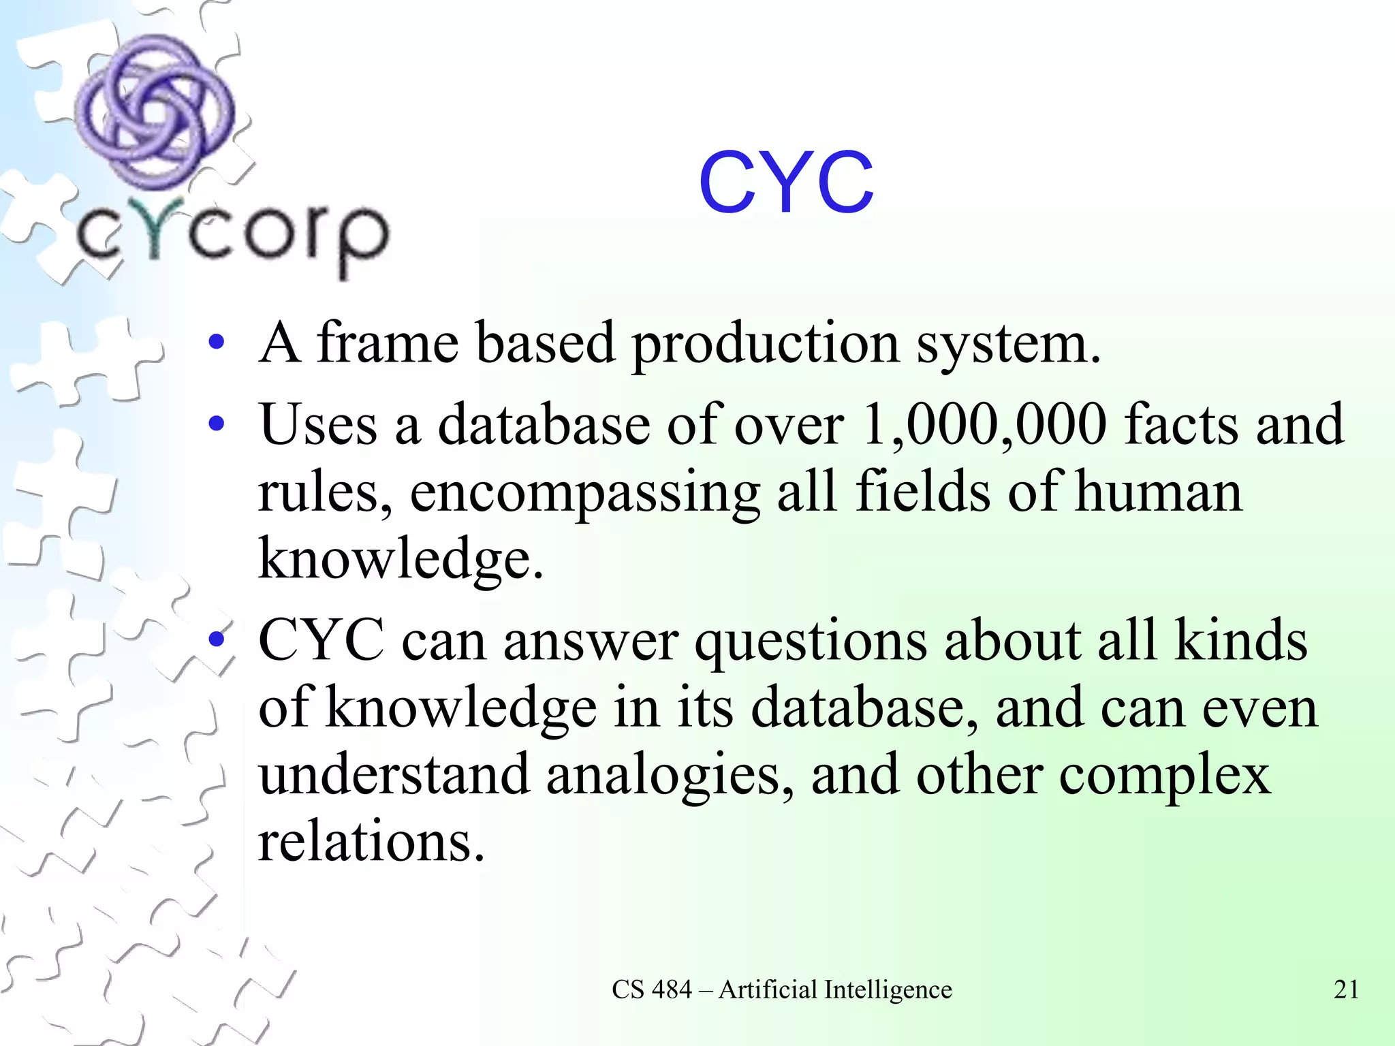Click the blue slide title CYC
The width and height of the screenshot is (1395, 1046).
point(785,183)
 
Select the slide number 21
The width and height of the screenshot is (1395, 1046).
point(1346,989)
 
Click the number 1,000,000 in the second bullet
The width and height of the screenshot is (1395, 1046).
point(984,425)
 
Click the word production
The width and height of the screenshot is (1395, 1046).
point(766,345)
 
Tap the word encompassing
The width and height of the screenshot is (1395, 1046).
point(584,493)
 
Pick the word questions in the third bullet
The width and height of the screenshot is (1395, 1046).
point(811,642)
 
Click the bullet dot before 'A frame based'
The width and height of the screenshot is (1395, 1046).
point(217,343)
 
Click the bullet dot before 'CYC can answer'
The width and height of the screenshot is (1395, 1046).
point(217,640)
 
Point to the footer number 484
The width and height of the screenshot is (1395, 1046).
point(672,989)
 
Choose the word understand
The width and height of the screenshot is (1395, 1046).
point(394,775)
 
